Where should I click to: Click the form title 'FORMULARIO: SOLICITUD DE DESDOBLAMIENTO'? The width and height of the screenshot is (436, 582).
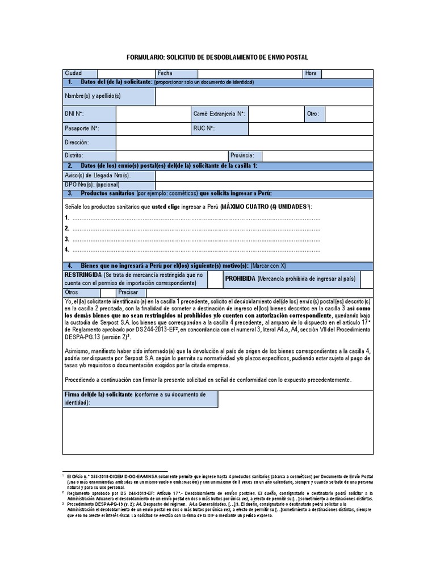coord(217,58)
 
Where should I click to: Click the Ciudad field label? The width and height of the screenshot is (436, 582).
coord(74,73)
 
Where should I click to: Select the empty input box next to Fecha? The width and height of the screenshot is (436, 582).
coord(249,73)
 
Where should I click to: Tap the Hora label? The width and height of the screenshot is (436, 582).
coord(311,73)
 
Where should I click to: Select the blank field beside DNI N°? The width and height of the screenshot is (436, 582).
coord(153,114)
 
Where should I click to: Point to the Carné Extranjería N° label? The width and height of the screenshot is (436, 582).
coord(219,114)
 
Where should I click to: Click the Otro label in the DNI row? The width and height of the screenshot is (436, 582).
coord(313,114)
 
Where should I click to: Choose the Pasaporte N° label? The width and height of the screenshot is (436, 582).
coord(82,129)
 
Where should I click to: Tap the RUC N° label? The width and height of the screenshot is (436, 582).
coord(204,129)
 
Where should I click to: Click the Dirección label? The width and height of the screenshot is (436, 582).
coord(77,143)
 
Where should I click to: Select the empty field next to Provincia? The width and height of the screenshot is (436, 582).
coord(317,156)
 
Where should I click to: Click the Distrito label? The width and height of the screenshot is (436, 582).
coord(74,156)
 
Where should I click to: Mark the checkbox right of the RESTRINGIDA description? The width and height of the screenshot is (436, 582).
coord(215,279)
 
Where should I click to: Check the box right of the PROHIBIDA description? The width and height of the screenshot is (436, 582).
coord(367,279)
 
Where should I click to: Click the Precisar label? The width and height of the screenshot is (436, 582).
coord(128,292)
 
